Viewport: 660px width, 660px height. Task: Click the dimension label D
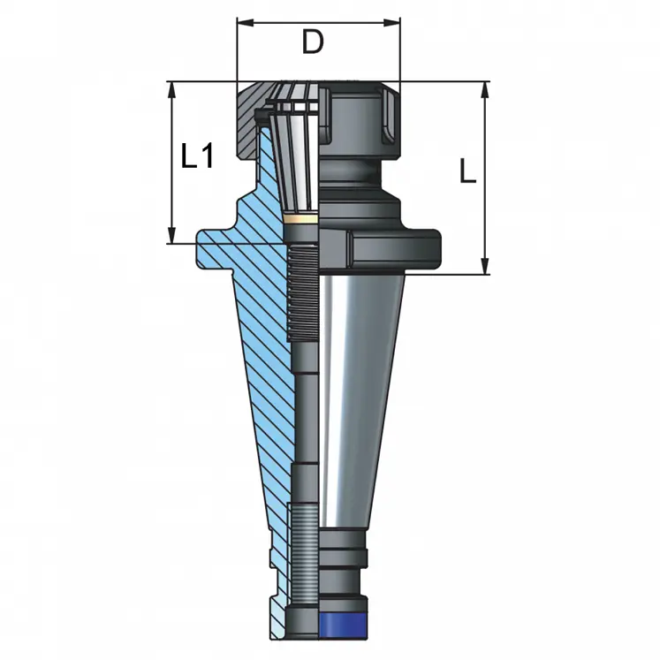312,42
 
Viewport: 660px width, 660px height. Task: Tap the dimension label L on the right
467,170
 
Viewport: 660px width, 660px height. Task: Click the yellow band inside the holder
303,218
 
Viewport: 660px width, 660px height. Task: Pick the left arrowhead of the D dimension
241,23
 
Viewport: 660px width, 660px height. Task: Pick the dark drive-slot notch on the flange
337,250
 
